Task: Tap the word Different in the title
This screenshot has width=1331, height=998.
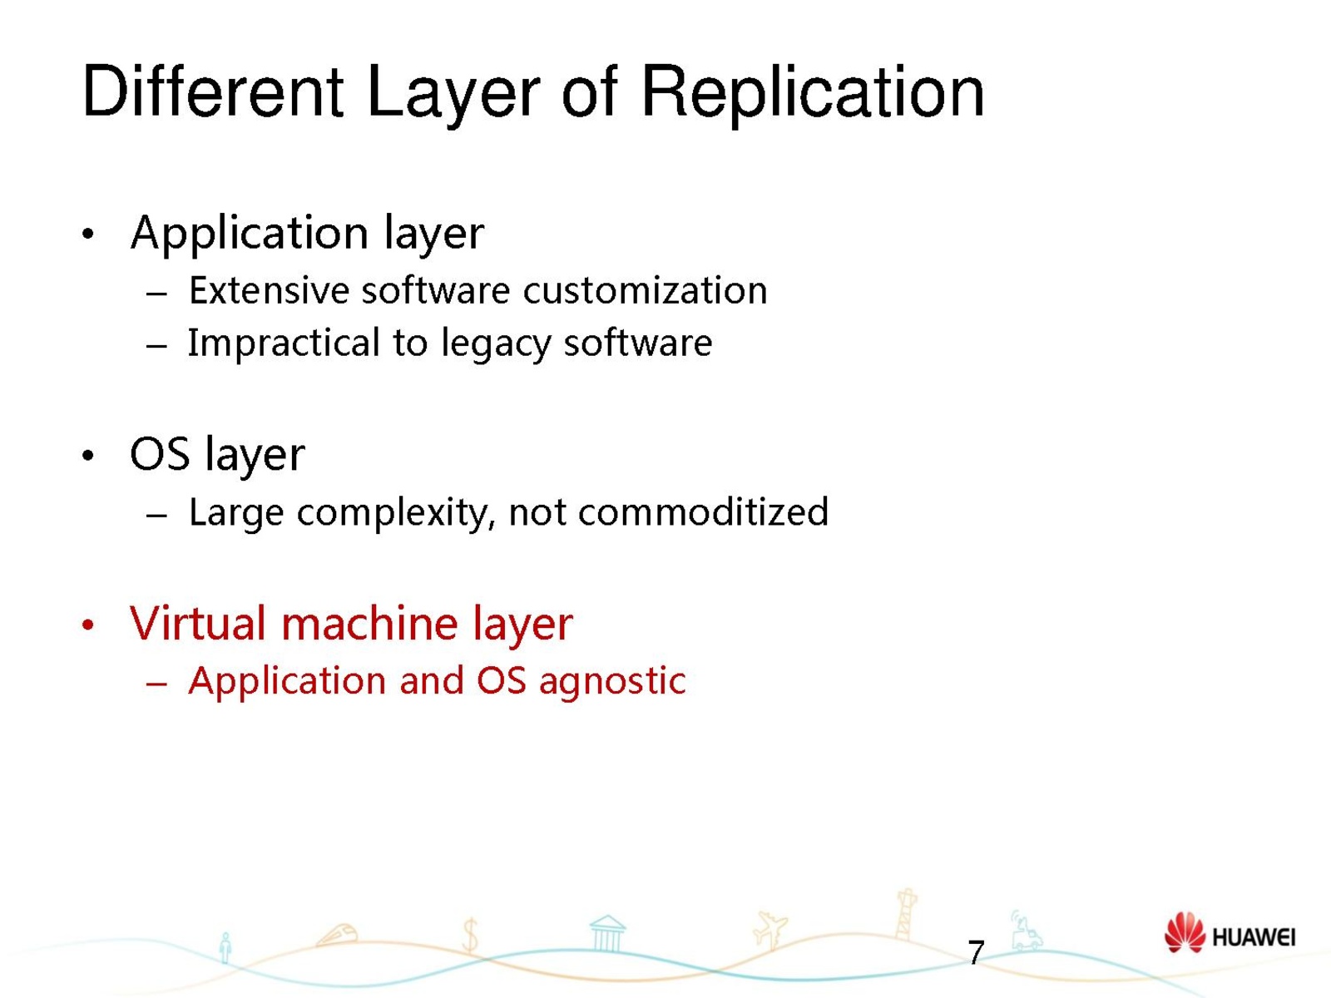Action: pos(213,91)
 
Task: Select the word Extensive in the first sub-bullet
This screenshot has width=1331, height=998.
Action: pos(270,290)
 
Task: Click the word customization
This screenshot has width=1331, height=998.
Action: pos(645,290)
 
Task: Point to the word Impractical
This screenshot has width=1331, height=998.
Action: pos(284,343)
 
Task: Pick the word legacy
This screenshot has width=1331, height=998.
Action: pos(496,343)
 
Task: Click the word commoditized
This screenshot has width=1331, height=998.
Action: pos(703,512)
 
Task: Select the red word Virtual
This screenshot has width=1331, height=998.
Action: pos(198,623)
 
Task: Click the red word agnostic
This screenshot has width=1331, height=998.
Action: pos(612,682)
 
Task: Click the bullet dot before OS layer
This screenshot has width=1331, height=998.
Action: pos(88,456)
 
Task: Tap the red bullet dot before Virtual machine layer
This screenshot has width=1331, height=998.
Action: pos(88,625)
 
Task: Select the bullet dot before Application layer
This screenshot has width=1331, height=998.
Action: pos(88,234)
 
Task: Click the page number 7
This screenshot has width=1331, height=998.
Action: pos(976,952)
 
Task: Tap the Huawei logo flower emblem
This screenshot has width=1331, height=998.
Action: pos(1185,933)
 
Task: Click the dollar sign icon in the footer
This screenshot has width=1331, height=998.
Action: pos(471,935)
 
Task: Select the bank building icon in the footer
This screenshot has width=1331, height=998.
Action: pos(607,934)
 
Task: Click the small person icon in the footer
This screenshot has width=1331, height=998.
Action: pos(225,948)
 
